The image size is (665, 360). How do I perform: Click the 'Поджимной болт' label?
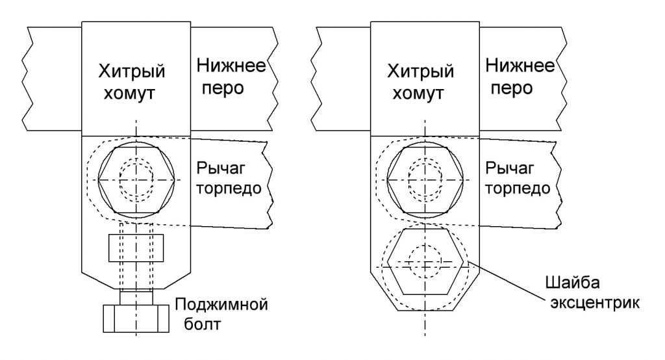coord(221,314)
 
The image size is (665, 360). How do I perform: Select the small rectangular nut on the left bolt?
coord(136,247)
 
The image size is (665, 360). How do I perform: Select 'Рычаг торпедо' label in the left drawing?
coord(228,179)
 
